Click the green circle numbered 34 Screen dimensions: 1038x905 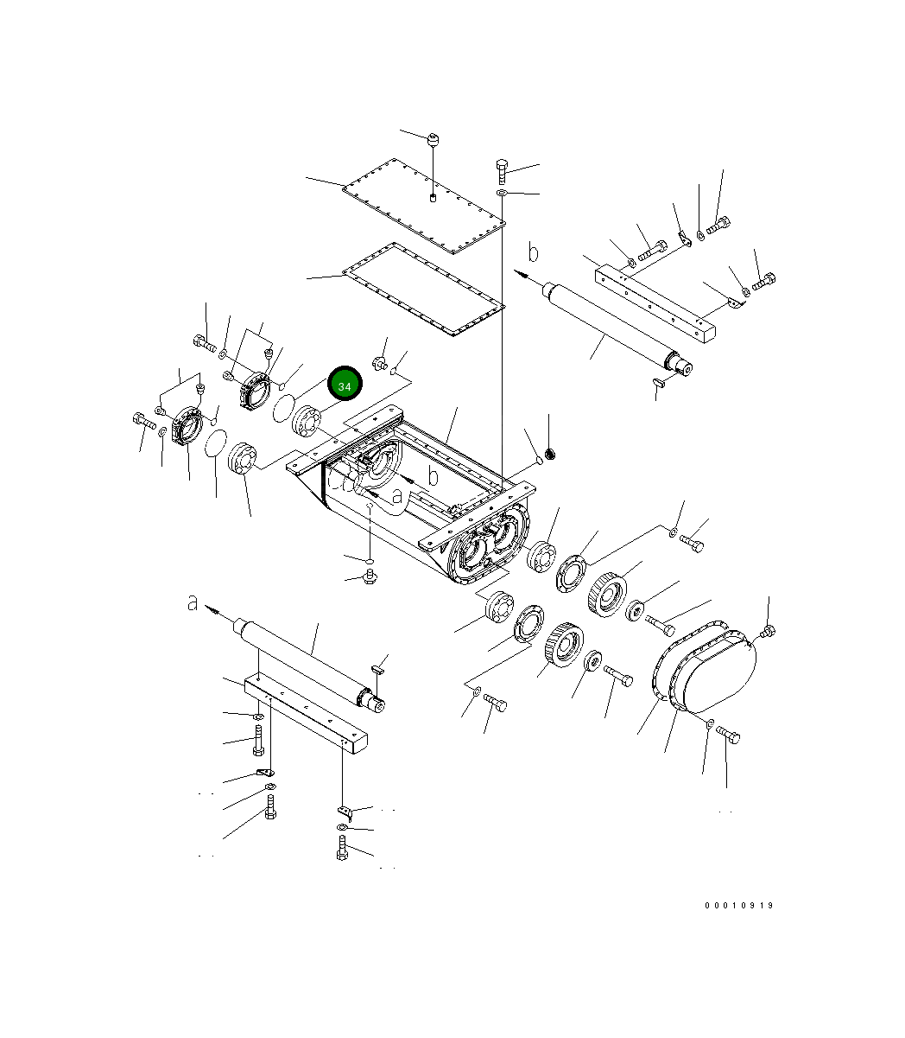(345, 385)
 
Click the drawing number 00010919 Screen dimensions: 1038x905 (738, 906)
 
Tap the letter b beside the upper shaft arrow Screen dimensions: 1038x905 (534, 252)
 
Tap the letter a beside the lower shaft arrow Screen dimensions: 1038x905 (193, 602)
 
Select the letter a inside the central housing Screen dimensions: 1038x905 (397, 495)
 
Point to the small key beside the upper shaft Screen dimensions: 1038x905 (658, 380)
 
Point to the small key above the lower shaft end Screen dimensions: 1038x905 (377, 667)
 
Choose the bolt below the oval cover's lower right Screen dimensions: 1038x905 (729, 735)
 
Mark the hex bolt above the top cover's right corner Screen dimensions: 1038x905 (503, 166)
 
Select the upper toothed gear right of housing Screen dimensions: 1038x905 (609, 593)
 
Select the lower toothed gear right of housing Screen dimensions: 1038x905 (564, 645)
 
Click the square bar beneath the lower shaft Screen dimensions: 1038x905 (307, 714)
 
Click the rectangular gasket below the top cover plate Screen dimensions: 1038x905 (424, 290)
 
